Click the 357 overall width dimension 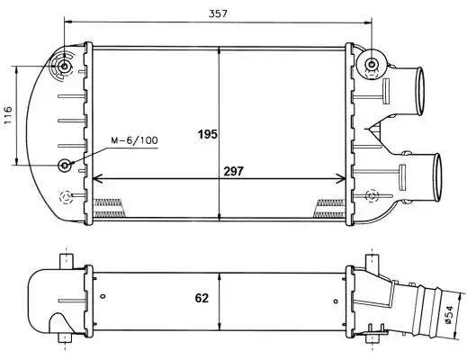[218, 13]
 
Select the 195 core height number [208, 134]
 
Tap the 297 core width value [234, 171]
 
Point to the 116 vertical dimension [7, 115]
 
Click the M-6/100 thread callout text [134, 140]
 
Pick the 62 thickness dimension [202, 298]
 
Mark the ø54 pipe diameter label [449, 315]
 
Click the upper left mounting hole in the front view [64, 66]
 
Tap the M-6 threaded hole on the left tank [65, 165]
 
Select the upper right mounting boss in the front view [372, 64]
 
